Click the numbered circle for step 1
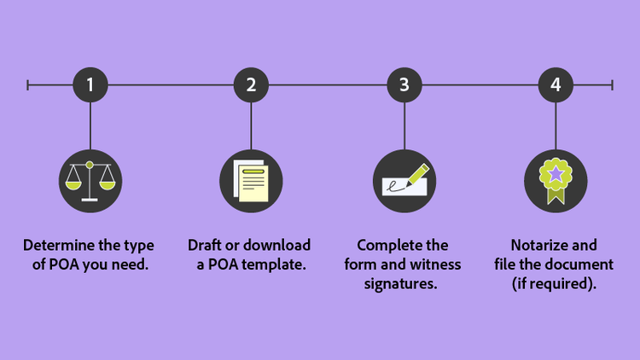tap(90, 84)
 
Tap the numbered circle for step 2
tap(251, 84)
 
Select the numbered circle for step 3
tap(404, 84)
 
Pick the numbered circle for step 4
tap(556, 84)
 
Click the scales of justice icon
tap(90, 180)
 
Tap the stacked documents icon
tap(251, 180)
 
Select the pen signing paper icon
tap(404, 180)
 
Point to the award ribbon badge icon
tap(556, 180)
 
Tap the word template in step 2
tap(276, 264)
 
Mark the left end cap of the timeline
tap(28, 84)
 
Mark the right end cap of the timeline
tap(612, 84)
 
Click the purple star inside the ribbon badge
tap(556, 174)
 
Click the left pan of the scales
tap(73, 183)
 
